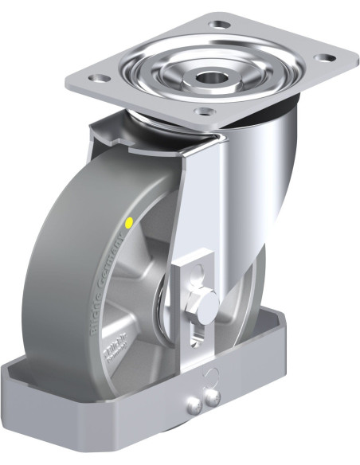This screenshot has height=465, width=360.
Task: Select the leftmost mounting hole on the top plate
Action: pyautogui.click(x=100, y=79)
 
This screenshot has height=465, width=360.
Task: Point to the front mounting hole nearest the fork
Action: pyautogui.click(x=205, y=112)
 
